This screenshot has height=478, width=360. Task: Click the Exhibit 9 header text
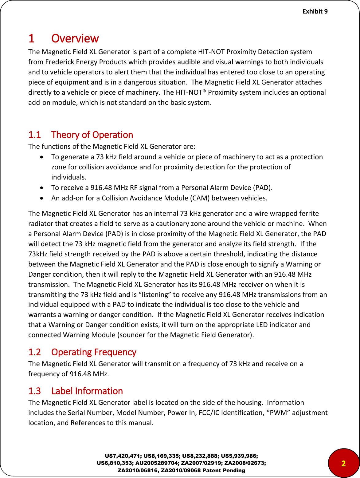tap(315, 11)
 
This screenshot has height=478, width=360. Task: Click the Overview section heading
tap(75, 38)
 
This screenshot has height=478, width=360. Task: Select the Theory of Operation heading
tap(92, 135)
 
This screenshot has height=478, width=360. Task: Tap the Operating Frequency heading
tap(94, 352)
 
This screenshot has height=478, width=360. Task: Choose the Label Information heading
tap(87, 391)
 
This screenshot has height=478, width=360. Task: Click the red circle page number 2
tap(343, 463)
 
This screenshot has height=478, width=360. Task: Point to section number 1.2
tap(34, 352)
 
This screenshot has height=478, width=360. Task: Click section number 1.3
tap(34, 391)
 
